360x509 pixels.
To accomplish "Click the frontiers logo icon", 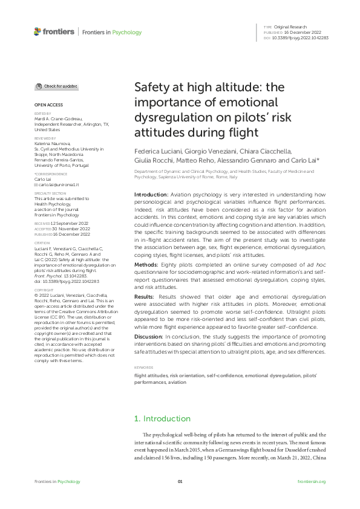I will (x=38, y=31).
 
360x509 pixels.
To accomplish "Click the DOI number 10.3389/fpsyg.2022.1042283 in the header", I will (x=301, y=37).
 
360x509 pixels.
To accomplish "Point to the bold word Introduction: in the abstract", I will (x=151, y=195).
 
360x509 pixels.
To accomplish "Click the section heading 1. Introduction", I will (x=162, y=418).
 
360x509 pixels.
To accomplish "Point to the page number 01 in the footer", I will (x=180, y=482).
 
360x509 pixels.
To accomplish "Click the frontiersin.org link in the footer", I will (x=312, y=482).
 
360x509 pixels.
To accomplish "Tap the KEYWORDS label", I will (x=143, y=368).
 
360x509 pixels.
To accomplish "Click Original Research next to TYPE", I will (x=290, y=27).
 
